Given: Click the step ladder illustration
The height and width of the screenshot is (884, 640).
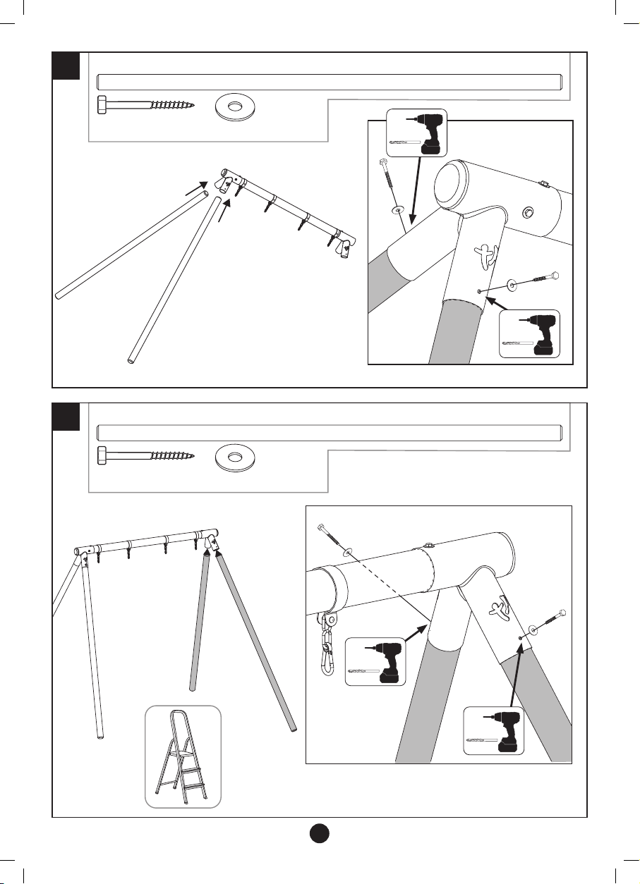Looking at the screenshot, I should coord(183,756).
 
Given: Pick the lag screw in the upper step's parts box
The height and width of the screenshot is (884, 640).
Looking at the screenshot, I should coord(145,106).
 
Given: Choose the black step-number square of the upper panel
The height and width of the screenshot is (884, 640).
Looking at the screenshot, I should coord(66,66).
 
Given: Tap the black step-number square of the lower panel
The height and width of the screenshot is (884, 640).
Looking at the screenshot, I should coord(66,417).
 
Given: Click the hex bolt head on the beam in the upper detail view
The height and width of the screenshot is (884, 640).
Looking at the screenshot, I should coord(526,211).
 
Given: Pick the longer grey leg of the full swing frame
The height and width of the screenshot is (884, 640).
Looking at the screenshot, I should coord(256,642).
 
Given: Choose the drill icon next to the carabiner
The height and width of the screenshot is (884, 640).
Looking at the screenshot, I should coord(376,662).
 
